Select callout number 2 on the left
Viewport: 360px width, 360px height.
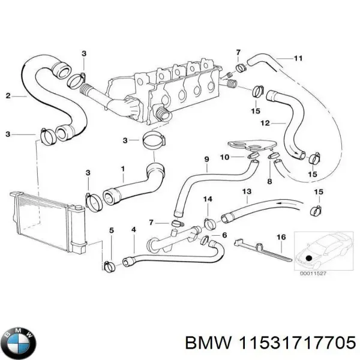[8, 95]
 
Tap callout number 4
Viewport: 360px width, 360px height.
[133, 229]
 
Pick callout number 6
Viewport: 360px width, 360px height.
[224, 235]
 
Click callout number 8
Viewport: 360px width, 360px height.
[269, 181]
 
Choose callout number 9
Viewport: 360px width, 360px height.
[206, 159]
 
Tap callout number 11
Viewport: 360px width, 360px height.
[298, 58]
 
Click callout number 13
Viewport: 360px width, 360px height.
[246, 191]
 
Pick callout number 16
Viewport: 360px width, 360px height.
[280, 238]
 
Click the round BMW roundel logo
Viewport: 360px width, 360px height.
[19, 343]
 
